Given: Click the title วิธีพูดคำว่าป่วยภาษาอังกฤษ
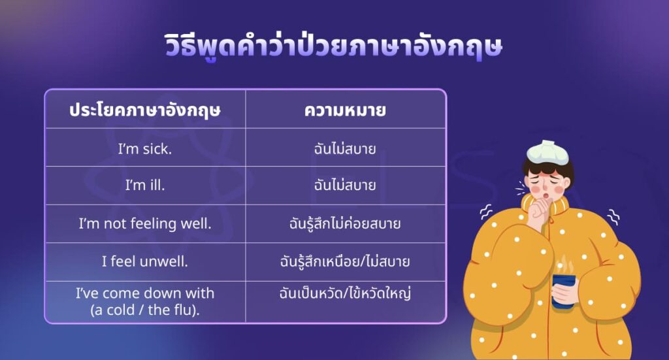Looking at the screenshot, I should click(333, 48).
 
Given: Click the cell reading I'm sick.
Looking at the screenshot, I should click(145, 148).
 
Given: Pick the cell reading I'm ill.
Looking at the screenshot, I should click(145, 186).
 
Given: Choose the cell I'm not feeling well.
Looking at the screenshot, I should click(145, 223).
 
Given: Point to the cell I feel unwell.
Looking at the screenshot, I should click(145, 261).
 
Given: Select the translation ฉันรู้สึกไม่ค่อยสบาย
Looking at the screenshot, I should click(345, 223).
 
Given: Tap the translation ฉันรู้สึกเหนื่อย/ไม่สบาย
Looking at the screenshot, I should click(345, 261).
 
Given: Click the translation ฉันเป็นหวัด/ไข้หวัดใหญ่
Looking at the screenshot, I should click(345, 293).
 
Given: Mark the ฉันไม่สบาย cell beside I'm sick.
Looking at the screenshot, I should click(345, 148).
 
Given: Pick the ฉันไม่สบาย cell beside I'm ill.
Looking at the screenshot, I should click(345, 186).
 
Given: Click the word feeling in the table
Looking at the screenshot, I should click(154, 223).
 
